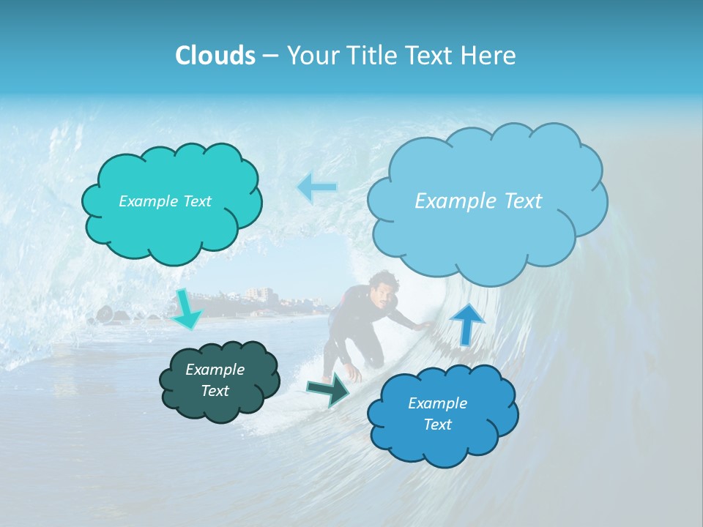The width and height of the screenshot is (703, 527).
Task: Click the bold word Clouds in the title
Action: coord(215,56)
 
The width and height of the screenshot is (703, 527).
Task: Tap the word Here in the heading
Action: coord(489,56)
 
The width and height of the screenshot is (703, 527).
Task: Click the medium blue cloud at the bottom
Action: coord(443,439)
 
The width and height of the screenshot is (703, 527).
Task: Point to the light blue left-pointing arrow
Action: coord(317,187)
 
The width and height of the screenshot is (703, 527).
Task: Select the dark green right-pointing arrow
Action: coord(329,389)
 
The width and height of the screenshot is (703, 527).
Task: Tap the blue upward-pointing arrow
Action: coord(468,323)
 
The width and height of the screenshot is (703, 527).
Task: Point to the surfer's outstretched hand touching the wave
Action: coord(423,325)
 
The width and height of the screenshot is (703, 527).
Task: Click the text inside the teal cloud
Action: coord(165,201)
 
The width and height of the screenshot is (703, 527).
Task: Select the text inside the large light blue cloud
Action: coord(478,201)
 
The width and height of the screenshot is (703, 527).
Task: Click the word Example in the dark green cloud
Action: coord(215,370)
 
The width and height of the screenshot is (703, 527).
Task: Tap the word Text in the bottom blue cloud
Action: coord(437,425)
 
